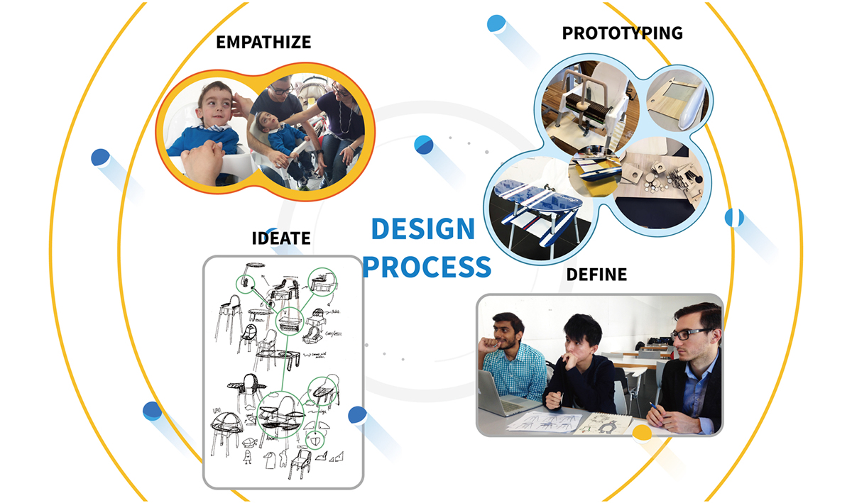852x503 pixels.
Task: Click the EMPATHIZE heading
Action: (263, 42)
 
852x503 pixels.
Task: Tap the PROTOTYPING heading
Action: (622, 33)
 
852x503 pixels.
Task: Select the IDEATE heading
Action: (281, 238)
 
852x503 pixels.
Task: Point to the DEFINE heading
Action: (596, 275)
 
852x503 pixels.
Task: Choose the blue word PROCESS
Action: (427, 267)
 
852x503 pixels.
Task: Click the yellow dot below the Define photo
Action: (642, 432)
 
